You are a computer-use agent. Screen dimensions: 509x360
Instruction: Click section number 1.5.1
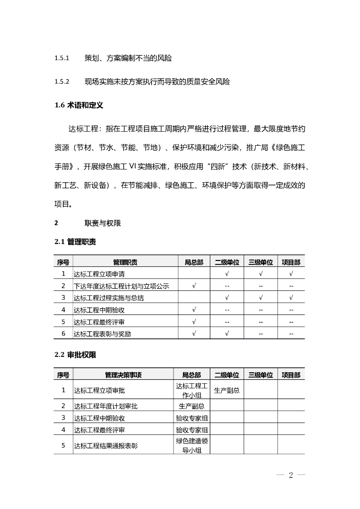62,59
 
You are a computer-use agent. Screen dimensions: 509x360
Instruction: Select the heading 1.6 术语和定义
79,105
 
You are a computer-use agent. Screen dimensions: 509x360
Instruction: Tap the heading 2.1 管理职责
75,242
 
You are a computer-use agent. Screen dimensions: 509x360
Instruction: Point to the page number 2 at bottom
291,476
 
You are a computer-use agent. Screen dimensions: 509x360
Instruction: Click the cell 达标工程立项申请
99,274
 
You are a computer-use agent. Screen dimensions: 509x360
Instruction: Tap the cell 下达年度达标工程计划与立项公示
122,286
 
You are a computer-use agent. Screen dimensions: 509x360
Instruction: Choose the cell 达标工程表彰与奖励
103,334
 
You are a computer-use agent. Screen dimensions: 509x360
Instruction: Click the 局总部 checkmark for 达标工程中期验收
194,310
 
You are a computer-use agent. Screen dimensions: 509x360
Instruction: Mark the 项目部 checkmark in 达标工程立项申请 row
291,274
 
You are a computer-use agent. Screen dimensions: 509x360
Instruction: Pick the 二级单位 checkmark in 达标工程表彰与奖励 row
227,334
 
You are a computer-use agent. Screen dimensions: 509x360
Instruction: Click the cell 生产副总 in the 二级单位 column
227,390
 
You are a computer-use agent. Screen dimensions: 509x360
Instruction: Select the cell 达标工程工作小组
191,390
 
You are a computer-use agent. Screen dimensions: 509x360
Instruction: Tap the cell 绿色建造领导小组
191,445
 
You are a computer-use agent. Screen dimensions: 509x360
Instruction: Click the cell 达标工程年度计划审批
106,406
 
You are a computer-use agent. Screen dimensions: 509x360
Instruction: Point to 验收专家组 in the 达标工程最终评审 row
191,429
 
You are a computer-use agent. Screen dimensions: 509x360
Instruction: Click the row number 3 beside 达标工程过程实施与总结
63,298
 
